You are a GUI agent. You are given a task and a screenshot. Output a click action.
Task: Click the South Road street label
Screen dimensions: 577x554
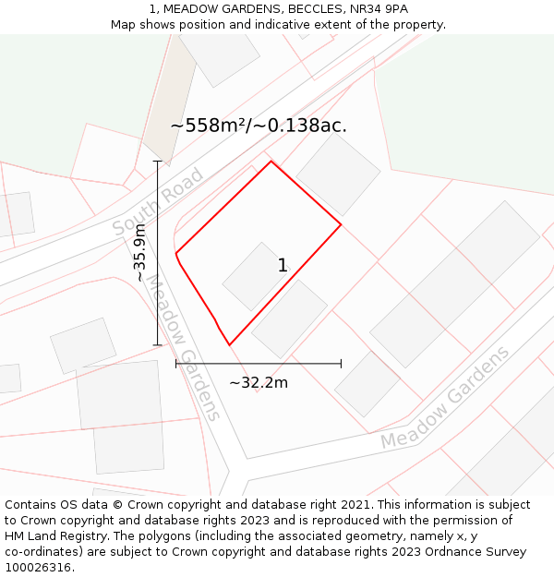pyautogui.click(x=157, y=201)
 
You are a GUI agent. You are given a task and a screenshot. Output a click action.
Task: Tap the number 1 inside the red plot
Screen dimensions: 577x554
pyautogui.click(x=283, y=266)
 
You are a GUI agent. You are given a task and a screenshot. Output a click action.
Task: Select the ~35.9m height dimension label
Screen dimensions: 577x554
pyautogui.click(x=140, y=252)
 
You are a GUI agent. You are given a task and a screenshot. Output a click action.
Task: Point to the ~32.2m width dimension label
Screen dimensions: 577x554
pyautogui.click(x=259, y=382)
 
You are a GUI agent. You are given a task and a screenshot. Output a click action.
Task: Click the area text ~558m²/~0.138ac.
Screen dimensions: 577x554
pyautogui.click(x=259, y=126)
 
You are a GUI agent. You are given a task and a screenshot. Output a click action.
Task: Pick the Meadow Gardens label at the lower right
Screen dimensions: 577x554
pyautogui.click(x=445, y=398)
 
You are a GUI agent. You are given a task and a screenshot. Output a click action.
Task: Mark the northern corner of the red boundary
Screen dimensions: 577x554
pyautogui.click(x=271, y=162)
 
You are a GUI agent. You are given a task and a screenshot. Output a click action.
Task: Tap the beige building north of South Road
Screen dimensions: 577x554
pyautogui.click(x=168, y=101)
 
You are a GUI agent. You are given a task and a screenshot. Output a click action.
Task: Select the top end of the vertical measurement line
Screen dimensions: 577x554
pyautogui.click(x=158, y=162)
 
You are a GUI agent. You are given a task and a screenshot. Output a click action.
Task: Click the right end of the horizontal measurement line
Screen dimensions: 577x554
pyautogui.click(x=341, y=364)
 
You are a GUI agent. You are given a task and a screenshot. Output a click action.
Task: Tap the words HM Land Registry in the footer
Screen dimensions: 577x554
pyautogui.click(x=46, y=536)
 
